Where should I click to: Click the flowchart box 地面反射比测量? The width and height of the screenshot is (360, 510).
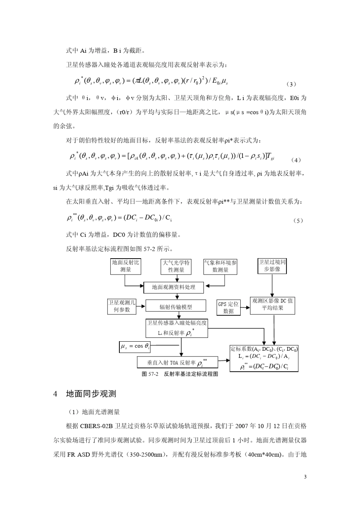(125, 266)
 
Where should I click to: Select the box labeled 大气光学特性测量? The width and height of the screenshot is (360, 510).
(176, 267)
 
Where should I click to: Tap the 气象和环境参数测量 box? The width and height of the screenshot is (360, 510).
(221, 267)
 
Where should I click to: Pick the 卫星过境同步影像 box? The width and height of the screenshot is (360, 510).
(272, 266)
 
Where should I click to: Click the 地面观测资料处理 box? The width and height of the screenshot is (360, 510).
(174, 287)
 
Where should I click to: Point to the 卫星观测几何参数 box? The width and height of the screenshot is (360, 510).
(122, 306)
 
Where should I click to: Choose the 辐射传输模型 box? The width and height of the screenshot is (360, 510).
(176, 307)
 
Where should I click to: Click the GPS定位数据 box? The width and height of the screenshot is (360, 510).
(229, 308)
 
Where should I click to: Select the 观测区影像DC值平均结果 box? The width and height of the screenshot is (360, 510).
(272, 304)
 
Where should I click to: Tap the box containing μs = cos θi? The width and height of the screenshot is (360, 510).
(135, 346)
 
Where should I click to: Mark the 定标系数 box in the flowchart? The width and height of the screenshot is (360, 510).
(264, 358)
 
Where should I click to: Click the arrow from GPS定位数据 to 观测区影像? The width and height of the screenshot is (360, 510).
(245, 308)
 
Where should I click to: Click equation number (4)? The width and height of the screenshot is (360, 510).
(295, 160)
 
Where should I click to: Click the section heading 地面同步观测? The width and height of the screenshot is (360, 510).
(91, 394)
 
